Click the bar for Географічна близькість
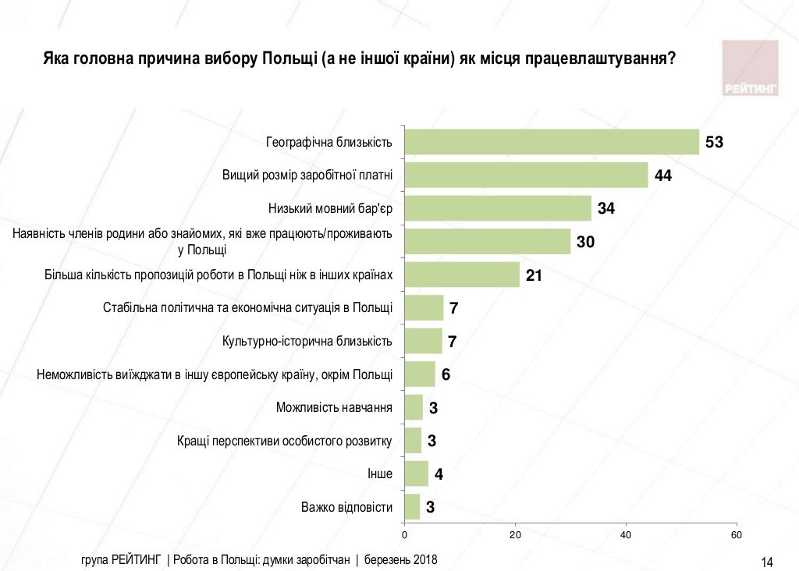[x=551, y=142]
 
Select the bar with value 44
[x=526, y=176]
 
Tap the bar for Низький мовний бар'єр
[x=498, y=208]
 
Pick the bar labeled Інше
[x=416, y=473]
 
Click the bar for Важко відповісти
[x=412, y=507]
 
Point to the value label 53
[x=715, y=143]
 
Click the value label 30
[x=586, y=242]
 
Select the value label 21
[x=534, y=275]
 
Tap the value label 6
[x=446, y=374]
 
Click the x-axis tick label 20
[x=515, y=535]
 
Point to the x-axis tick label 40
[x=625, y=535]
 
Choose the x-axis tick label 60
[x=736, y=535]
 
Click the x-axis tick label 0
[x=404, y=535]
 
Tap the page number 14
[x=766, y=562]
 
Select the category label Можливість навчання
[x=334, y=407]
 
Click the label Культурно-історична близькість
[x=307, y=341]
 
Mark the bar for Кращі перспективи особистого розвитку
[x=413, y=441]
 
